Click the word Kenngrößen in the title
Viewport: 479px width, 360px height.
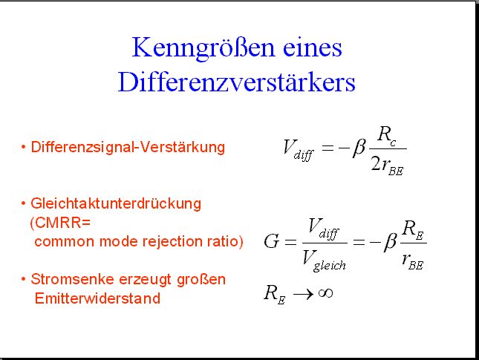[203, 48]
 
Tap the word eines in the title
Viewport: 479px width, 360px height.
[312, 48]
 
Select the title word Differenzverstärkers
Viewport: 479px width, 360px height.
[237, 82]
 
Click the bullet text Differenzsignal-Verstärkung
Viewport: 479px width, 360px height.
[128, 148]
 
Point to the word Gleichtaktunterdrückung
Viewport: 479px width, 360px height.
[116, 204]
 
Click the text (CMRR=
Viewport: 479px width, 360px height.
[60, 223]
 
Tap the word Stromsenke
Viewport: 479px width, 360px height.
[72, 279]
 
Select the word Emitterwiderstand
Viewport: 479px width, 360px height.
[97, 298]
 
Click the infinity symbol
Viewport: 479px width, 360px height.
[325, 293]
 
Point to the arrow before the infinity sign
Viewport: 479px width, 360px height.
[303, 295]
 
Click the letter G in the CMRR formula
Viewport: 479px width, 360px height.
[272, 241]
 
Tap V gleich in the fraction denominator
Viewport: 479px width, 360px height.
[324, 261]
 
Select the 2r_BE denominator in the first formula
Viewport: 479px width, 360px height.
[388, 166]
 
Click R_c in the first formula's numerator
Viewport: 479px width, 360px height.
[386, 135]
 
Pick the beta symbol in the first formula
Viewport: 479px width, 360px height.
[359, 148]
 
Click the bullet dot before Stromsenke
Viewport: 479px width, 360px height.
[24, 279]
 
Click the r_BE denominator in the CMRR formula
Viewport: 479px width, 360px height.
[413, 261]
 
